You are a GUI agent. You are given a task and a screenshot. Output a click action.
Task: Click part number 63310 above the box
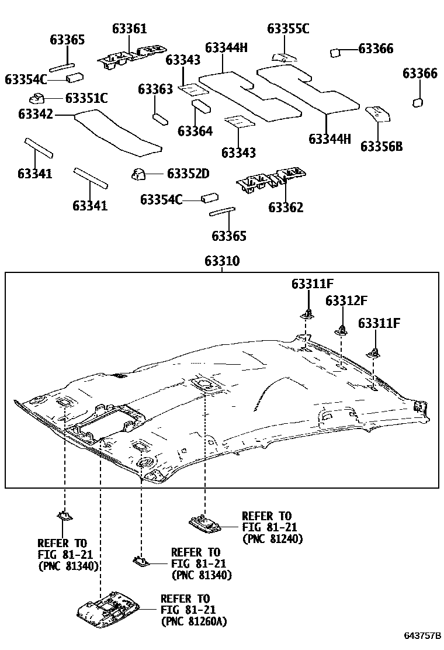[x=222, y=261]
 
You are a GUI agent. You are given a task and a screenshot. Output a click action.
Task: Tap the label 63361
[x=130, y=29]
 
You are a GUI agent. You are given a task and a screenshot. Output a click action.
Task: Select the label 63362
[x=286, y=207]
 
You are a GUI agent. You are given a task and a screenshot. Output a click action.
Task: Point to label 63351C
[x=86, y=98]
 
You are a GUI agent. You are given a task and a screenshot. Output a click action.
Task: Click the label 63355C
[x=288, y=29]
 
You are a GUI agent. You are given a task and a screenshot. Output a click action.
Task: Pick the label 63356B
[x=381, y=146]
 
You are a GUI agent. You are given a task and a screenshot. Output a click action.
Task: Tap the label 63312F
[x=346, y=300]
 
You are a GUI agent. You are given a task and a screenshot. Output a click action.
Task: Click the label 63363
[x=155, y=89]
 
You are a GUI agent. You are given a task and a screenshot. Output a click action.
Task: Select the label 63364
[x=195, y=130]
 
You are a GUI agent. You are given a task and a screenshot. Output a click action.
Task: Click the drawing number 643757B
[x=422, y=635]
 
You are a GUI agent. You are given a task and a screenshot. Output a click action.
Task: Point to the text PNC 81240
[x=272, y=539]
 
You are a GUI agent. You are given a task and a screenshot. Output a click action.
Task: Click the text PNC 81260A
[x=193, y=621]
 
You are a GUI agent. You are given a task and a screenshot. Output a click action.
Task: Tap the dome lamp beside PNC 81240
[x=205, y=521]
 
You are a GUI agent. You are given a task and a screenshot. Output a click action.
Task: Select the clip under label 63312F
[x=342, y=330]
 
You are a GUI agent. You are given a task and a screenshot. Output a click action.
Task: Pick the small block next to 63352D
[x=138, y=174]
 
